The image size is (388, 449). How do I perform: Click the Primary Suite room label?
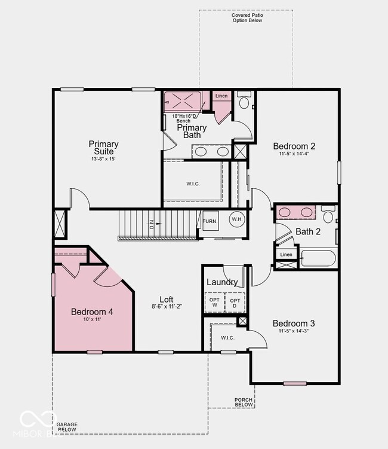click(103, 147)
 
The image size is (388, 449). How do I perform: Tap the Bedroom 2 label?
click(294, 146)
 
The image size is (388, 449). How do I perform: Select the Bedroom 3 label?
click(294, 323)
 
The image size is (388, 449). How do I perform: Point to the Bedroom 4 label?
click(92, 311)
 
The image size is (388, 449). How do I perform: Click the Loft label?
click(167, 299)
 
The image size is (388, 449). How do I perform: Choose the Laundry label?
click(222, 282)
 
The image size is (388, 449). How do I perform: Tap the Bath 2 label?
click(308, 231)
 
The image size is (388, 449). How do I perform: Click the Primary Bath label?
click(192, 131)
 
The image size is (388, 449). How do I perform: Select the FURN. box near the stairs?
click(210, 221)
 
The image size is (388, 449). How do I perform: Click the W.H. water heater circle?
click(236, 219)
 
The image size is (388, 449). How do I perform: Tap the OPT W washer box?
click(214, 303)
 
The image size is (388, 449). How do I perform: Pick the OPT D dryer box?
click(235, 303)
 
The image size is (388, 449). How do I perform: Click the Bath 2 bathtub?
click(318, 258)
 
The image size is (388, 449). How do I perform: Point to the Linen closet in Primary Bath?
click(221, 96)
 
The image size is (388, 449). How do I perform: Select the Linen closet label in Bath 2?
click(287, 255)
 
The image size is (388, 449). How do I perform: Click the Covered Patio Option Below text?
click(247, 18)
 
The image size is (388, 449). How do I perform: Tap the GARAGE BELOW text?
click(67, 427)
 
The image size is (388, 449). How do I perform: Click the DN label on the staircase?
click(152, 225)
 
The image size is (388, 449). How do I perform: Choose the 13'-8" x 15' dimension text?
click(103, 159)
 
